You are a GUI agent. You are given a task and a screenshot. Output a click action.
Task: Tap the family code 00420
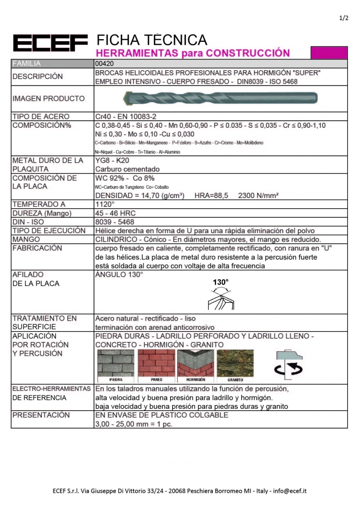105,64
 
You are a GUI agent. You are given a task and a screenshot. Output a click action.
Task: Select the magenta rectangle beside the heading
328,52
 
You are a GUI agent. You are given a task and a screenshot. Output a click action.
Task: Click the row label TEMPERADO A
39,204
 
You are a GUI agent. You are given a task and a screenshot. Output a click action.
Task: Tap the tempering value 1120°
105,204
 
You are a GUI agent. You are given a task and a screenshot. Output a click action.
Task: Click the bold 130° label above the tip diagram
220,281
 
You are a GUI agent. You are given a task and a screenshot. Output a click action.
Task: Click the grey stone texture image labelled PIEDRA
116,365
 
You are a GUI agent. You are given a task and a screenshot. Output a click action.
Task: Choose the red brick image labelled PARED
156,365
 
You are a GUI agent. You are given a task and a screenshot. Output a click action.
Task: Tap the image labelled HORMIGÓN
196,365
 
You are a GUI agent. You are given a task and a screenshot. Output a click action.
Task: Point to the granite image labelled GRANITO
235,365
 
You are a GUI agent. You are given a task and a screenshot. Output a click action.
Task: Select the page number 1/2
343,18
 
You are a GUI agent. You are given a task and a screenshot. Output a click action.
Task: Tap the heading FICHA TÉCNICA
151,40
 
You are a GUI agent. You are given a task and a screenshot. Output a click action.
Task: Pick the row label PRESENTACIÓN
41,415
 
